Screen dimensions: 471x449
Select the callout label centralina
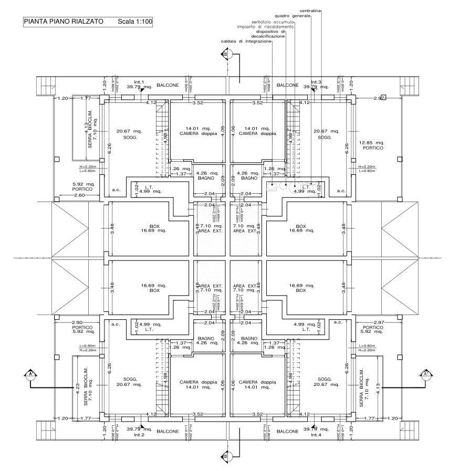pyautogui.click(x=310, y=11)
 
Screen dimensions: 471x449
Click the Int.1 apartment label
pyautogui.click(x=139, y=82)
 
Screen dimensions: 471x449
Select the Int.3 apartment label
pyautogui.click(x=316, y=82)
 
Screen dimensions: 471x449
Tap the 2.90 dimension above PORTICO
pyautogui.click(x=78, y=322)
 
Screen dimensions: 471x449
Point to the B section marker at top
pyautogui.click(x=226, y=54)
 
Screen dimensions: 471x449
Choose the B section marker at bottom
pyautogui.click(x=226, y=456)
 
